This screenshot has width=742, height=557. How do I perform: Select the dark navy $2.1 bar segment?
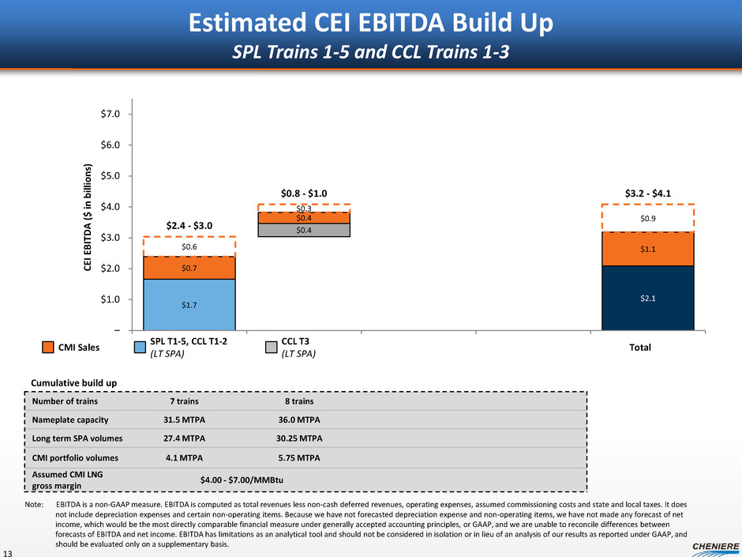coord(647,298)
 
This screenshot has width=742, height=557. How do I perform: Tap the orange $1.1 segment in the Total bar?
coord(647,249)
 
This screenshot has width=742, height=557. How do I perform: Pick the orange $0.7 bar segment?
coord(189,268)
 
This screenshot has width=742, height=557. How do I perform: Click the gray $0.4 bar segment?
coord(304,231)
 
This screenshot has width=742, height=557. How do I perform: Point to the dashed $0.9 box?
coord(647,218)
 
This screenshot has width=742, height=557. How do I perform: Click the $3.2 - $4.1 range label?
coord(647,192)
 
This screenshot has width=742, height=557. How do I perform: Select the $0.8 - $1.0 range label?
coord(304,192)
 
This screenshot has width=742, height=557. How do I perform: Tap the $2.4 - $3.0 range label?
coord(189,225)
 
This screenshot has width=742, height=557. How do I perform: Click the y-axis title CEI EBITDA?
coord(89,213)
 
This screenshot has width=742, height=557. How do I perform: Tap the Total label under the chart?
coord(647,347)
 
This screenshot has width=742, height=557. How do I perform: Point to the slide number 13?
coord(9,550)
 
